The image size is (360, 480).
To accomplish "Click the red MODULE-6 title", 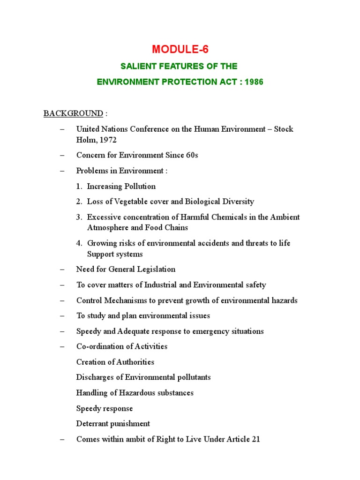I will pos(180,49).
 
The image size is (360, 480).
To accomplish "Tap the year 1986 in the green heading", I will pos(254,82).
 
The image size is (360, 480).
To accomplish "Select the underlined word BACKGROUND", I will pos(73,113).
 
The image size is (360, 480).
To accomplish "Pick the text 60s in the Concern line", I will pos(190,155).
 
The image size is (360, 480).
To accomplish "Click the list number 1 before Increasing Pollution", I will pos(79,186).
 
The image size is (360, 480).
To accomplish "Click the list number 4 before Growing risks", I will pos(79,243).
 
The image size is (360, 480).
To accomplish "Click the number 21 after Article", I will pos(255,439).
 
